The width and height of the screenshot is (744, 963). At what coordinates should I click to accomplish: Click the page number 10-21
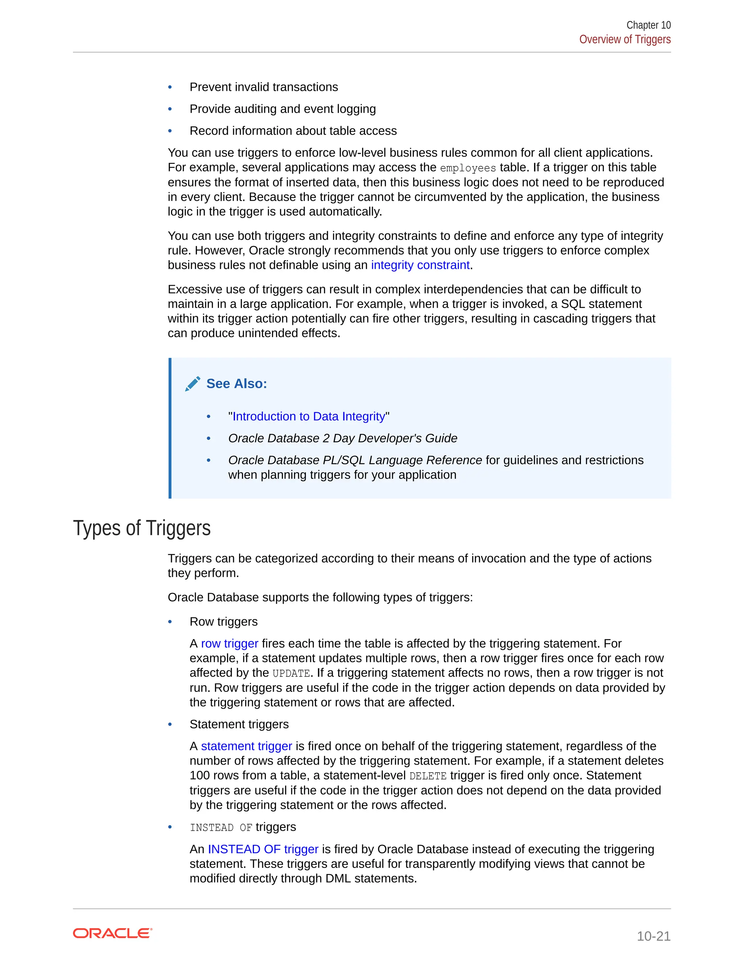click(x=653, y=936)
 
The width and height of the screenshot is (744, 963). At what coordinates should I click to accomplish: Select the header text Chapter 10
click(x=648, y=25)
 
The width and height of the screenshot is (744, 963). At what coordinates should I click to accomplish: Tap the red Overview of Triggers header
click(x=624, y=39)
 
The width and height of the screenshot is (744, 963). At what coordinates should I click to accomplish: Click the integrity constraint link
click(x=420, y=265)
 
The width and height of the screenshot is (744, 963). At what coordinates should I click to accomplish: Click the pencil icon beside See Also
click(x=193, y=384)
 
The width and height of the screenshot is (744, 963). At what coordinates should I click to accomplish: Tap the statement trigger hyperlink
click(x=246, y=746)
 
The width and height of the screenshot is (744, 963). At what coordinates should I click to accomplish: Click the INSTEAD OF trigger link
click(x=263, y=849)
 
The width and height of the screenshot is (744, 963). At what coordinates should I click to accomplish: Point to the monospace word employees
click(x=468, y=168)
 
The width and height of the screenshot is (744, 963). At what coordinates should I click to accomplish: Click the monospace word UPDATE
click(x=291, y=673)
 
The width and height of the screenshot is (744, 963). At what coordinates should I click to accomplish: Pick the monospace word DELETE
click(x=428, y=776)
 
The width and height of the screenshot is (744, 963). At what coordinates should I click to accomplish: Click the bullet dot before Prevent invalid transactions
click(x=170, y=87)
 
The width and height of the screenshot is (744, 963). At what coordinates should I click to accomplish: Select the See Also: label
click(x=237, y=384)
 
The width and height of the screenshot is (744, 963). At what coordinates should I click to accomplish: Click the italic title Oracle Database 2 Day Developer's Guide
click(x=343, y=438)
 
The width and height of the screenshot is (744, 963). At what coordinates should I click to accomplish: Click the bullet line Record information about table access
click(x=293, y=131)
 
